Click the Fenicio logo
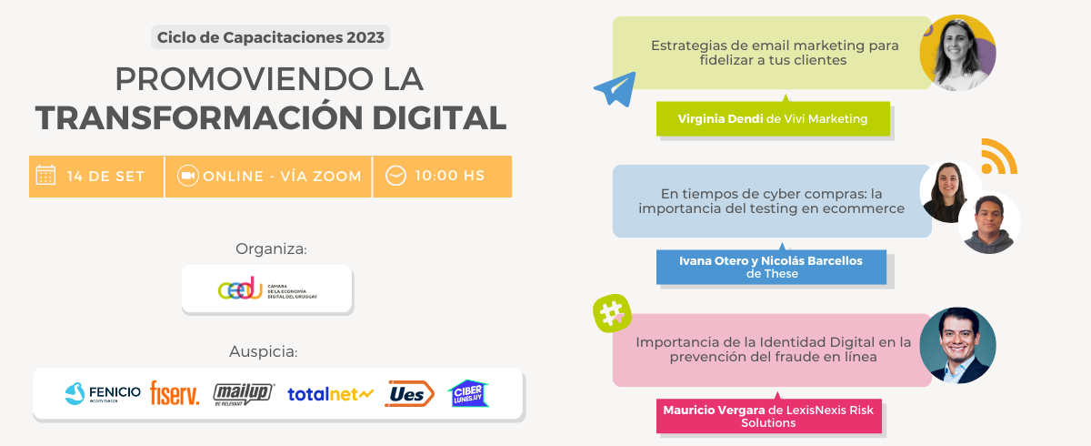coord(103,393)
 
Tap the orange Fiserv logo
coord(175,393)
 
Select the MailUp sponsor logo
coord(244,394)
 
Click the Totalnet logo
coord(330,394)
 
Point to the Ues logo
coord(409,393)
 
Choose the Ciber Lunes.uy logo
coord(468,393)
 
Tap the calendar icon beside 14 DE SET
coord(45,175)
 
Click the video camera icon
coord(187,176)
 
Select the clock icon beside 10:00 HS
coord(395,176)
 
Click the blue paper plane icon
coord(616,88)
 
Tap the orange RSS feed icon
coord(998,157)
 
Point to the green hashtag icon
coord(612,313)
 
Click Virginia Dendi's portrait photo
coord(957,53)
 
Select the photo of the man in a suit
coord(957,345)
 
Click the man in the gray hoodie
coord(989,223)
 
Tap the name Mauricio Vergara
coord(714,410)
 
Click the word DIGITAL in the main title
coord(439,118)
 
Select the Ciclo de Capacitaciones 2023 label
coord(271,37)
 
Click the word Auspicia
coord(264,351)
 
